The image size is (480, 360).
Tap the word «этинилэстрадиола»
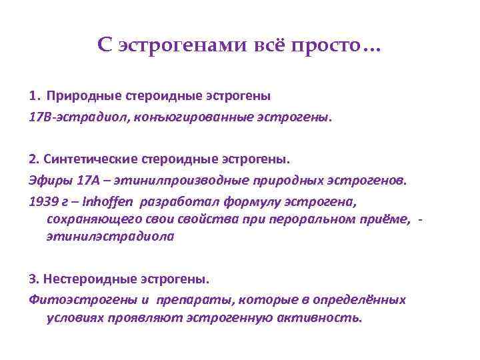(110, 236)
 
